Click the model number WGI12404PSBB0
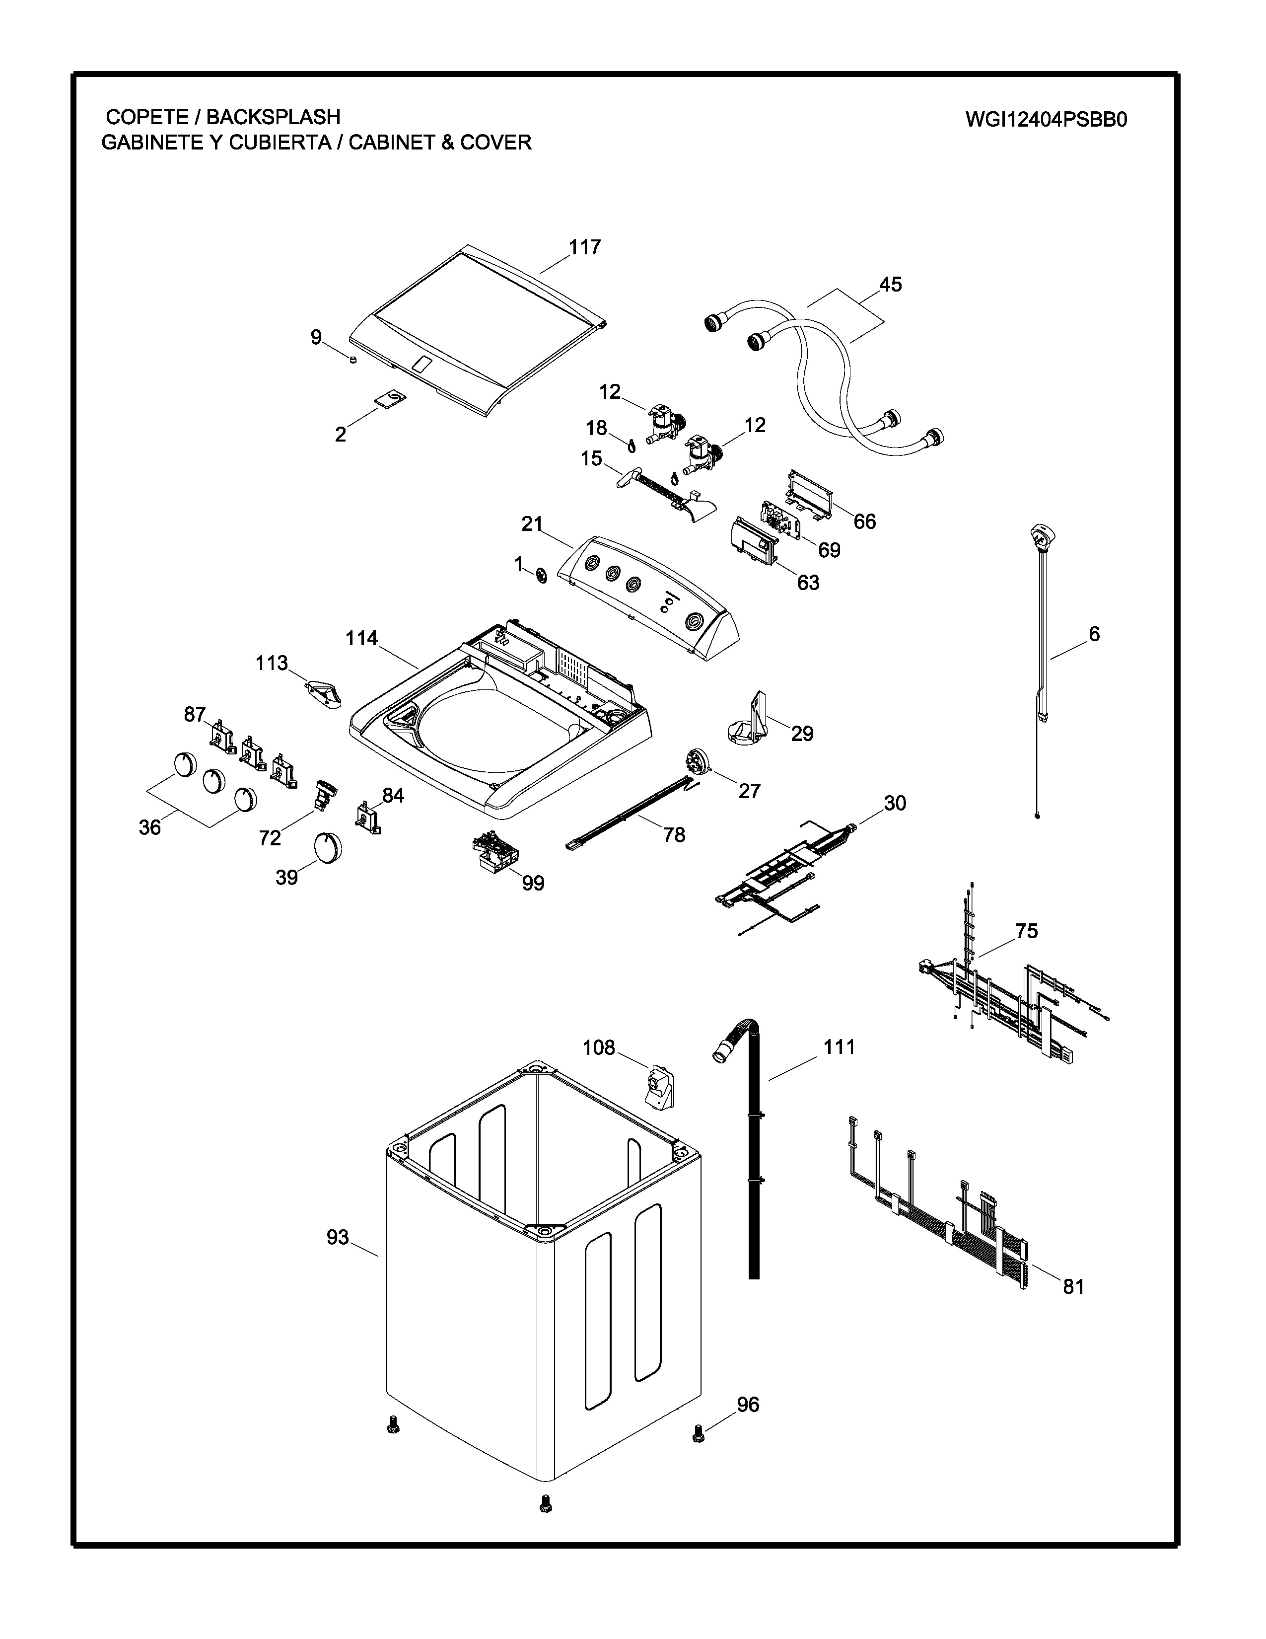(1046, 120)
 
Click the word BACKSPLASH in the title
(273, 117)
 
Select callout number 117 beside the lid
(584, 247)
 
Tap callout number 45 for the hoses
(890, 285)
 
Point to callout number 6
(1094, 634)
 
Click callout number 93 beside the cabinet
(338, 1237)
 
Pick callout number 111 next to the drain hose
(839, 1047)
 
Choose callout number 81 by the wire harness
(1073, 1286)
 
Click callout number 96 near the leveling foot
(748, 1404)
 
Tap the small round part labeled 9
(352, 361)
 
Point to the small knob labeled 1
(540, 576)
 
